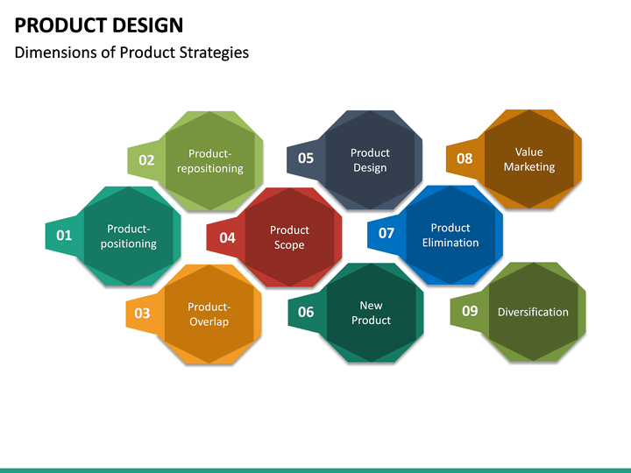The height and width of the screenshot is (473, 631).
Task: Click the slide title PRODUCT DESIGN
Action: click(99, 25)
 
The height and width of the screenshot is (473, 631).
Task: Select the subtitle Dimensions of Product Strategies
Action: click(131, 53)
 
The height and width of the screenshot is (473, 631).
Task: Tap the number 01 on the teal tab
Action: click(64, 236)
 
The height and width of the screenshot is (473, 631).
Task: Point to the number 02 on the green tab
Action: click(146, 160)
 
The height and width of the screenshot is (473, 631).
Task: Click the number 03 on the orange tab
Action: click(142, 314)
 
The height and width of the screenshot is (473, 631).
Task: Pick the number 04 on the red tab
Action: click(227, 237)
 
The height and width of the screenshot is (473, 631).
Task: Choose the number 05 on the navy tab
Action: click(306, 159)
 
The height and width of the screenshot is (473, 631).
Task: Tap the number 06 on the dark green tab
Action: click(306, 312)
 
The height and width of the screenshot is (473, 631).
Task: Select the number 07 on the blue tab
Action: click(386, 233)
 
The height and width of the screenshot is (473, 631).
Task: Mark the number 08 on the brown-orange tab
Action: click(464, 159)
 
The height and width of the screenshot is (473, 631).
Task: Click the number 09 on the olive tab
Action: click(470, 311)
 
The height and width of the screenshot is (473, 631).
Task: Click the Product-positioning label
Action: click(129, 236)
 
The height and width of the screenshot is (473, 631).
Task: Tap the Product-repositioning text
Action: click(210, 161)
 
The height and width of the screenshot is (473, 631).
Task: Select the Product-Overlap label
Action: click(209, 314)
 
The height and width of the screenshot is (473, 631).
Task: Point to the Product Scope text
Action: click(289, 237)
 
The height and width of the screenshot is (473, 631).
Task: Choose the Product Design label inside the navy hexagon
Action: click(370, 160)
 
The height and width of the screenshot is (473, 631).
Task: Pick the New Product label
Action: click(371, 313)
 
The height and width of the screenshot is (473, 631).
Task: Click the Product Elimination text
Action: click(450, 236)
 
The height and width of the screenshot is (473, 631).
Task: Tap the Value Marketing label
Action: click(529, 159)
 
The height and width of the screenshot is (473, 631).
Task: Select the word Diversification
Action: click(533, 312)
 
